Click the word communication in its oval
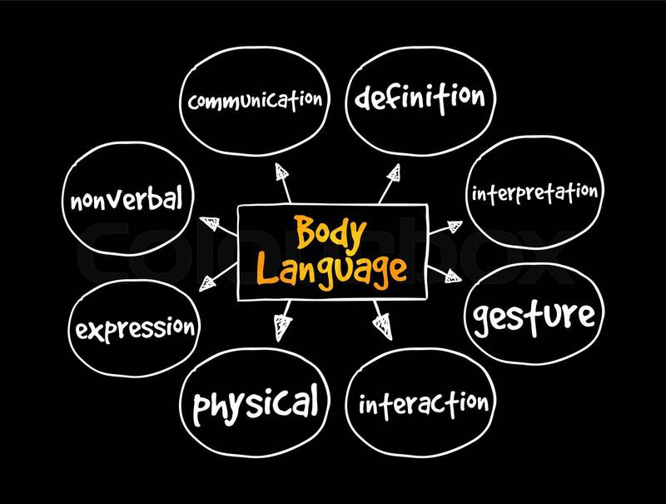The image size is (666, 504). tap(256, 101)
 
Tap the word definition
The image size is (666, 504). tap(420, 98)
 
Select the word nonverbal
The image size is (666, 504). tap(127, 198)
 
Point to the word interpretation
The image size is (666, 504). tap(534, 193)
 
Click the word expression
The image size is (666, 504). tap(135, 329)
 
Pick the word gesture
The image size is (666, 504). tap(534, 317)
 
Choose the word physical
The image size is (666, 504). tap(256, 404)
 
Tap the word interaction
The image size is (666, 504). tap(424, 405)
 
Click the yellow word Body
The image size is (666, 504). tap(331, 233)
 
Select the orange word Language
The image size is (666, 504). tap(331, 271)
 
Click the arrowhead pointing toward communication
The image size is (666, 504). tap(281, 172)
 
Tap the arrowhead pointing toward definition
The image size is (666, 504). tap(393, 173)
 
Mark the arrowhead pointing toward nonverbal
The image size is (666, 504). tap(210, 222)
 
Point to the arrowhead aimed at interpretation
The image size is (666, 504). tap(454, 227)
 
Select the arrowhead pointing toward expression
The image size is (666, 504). tap(207, 283)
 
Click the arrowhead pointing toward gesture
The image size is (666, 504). tap(453, 277)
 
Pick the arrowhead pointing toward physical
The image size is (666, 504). tap(282, 327)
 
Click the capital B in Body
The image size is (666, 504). tap(306, 232)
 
